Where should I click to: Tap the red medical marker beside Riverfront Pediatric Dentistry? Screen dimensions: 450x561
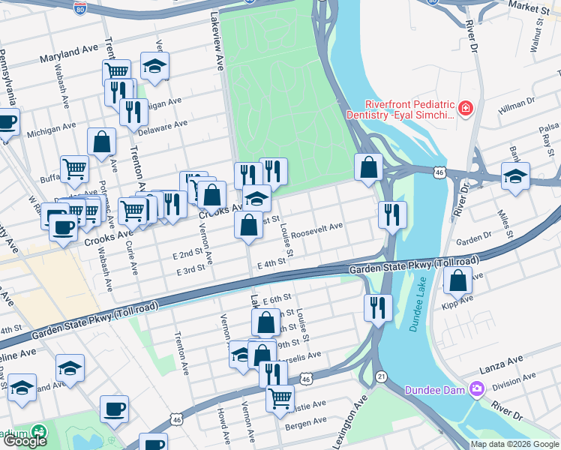466,109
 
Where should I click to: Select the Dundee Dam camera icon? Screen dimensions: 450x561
475,389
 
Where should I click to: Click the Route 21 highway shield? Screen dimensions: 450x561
382,376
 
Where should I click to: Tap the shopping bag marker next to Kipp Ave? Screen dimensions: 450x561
457,280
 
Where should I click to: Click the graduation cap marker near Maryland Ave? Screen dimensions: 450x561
155,66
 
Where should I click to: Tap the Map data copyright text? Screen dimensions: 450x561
515,444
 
